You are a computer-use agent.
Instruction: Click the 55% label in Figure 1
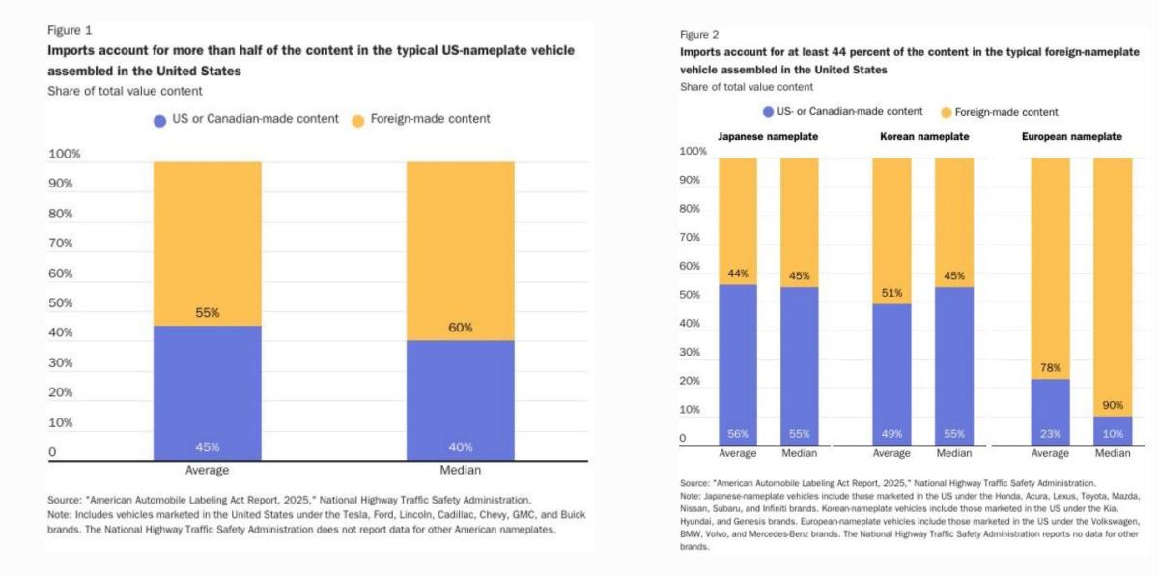[x=208, y=313]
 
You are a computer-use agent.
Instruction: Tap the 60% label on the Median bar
[x=460, y=328]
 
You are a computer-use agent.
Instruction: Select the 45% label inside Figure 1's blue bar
[x=208, y=446]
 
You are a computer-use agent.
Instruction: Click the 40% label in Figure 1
[x=460, y=446]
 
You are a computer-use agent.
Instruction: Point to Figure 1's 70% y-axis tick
[x=61, y=244]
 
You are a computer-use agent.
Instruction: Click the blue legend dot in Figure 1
[x=160, y=120]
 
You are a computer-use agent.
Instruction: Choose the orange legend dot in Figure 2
[x=946, y=112]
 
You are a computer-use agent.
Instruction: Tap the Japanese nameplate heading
[x=768, y=137]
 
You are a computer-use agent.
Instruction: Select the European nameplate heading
[x=1072, y=137]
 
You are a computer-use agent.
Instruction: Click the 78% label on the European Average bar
[x=1051, y=368]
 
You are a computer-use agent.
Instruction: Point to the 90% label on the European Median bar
[x=1113, y=404]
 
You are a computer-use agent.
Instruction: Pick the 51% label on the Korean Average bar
[x=891, y=294]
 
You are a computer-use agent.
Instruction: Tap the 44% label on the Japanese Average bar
[x=738, y=274]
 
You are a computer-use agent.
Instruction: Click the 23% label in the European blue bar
[x=1051, y=434]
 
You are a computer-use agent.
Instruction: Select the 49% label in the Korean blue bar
[x=891, y=434]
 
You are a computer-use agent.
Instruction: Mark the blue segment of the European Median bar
[x=1113, y=430]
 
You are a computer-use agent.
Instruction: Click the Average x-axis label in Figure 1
[x=207, y=471]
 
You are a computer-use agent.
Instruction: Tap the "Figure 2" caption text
[x=699, y=34]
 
